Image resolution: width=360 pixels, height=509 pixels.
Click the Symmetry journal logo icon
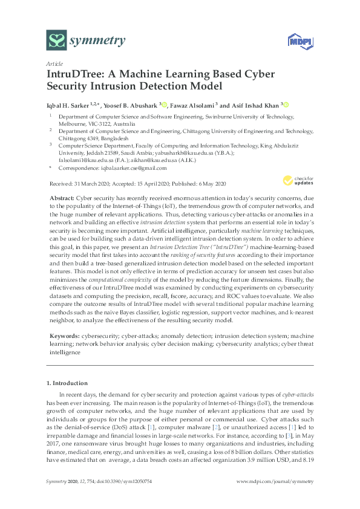pyautogui.click(x=57, y=41)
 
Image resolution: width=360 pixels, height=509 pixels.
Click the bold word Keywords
pyautogui.click(x=62, y=334)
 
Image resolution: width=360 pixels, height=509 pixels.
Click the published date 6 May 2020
pyautogui.click(x=212, y=183)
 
